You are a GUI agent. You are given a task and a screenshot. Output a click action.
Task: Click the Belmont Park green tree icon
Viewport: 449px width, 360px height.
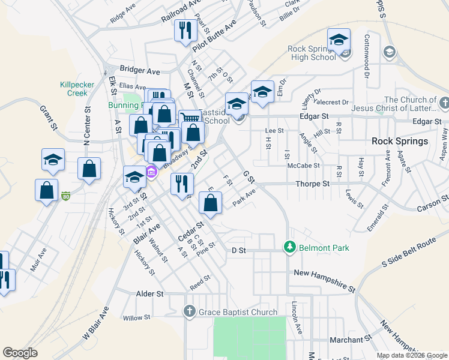tap(289, 247)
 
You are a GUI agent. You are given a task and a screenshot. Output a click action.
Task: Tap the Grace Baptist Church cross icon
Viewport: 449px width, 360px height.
tap(189, 311)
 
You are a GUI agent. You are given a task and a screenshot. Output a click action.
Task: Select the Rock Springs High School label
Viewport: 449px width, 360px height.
tap(312, 53)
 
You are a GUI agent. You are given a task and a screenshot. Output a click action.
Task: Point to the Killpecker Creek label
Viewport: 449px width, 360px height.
tap(77, 89)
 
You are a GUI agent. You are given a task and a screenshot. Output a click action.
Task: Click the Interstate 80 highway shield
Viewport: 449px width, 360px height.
tap(67, 196)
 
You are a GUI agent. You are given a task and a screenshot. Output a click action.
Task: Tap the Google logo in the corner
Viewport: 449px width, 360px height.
tap(20, 352)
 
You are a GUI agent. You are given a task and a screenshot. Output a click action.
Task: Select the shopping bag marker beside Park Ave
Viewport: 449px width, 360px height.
tap(210, 203)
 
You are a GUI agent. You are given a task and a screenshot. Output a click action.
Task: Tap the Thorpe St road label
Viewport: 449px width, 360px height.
tap(313, 184)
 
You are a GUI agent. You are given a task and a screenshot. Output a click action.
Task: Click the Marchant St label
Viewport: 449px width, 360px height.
tap(347, 340)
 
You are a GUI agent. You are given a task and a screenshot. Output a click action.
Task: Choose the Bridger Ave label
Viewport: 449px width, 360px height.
tap(140, 71)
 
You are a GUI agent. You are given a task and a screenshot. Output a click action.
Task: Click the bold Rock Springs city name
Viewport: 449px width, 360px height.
tap(399, 142)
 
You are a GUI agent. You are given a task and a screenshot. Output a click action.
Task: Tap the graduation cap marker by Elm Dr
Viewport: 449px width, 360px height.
tap(262, 92)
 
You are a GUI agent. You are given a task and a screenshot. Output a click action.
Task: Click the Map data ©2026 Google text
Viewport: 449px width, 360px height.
tap(411, 355)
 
